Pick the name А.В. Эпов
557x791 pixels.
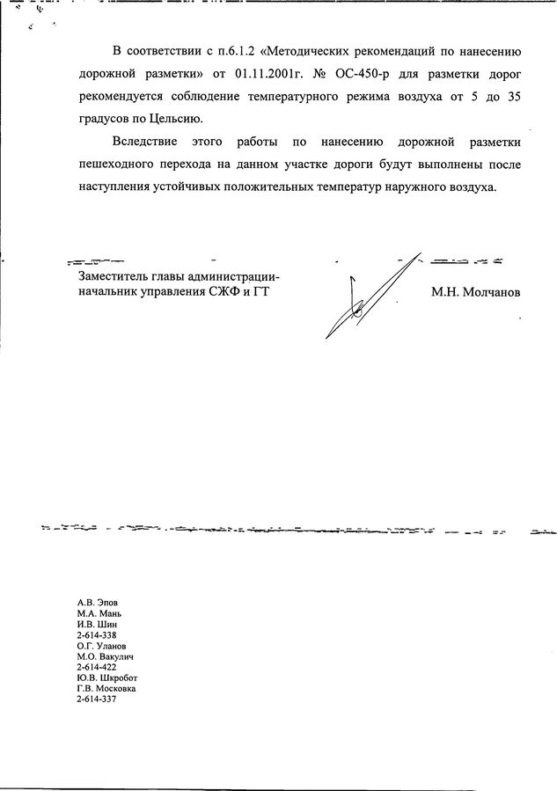[x=97, y=603]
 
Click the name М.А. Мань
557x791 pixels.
[x=99, y=613]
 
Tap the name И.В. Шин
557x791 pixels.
[x=97, y=624]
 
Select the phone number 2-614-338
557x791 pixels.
[x=97, y=634]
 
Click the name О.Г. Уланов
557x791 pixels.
[x=101, y=645]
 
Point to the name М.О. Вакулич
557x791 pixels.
[x=105, y=656]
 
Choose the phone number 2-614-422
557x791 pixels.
[x=97, y=666]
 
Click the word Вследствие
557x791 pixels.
[x=144, y=141]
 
